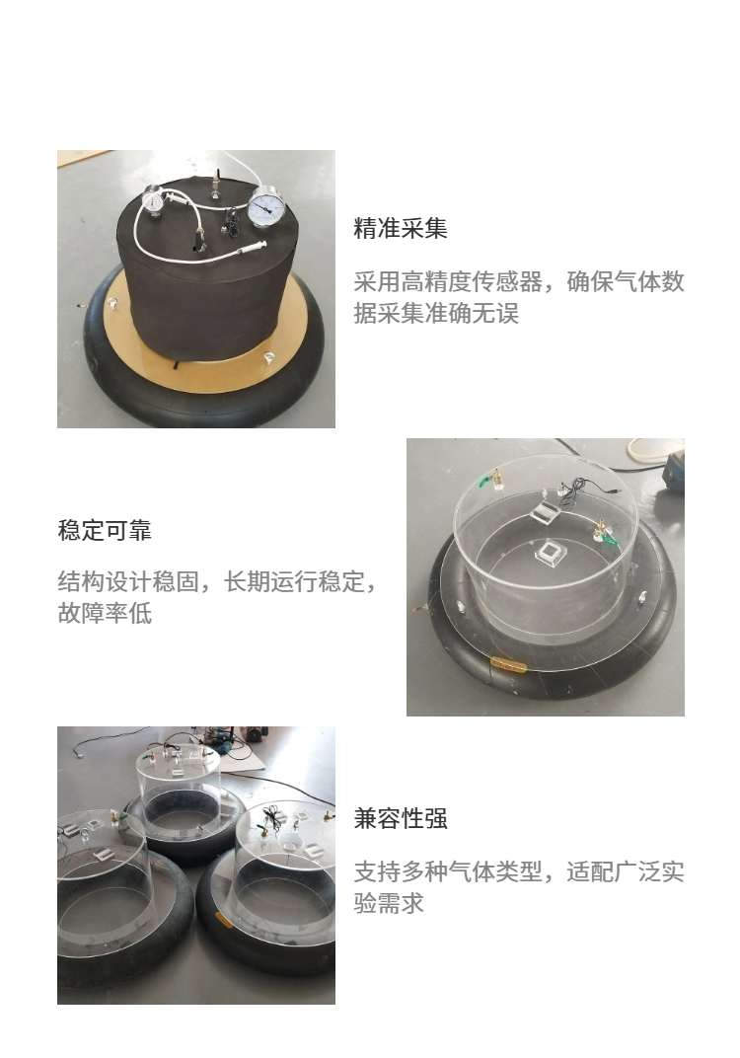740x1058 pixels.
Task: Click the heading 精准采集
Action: point(400,229)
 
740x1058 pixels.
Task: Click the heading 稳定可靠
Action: point(105,530)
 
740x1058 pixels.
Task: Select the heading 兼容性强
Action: point(400,818)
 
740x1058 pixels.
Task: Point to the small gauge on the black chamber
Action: point(153,200)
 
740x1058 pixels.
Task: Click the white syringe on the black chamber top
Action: point(248,250)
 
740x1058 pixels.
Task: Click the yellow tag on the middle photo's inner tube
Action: point(508,665)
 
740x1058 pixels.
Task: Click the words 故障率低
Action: point(105,613)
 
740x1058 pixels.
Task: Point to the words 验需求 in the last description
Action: point(389,903)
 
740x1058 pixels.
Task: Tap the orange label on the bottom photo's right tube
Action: point(224,918)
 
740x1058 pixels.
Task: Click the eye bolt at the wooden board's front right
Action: point(269,357)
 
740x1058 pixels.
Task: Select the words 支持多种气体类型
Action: point(448,871)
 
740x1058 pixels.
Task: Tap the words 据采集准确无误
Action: point(436,314)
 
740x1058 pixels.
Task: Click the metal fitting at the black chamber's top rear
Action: point(215,184)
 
